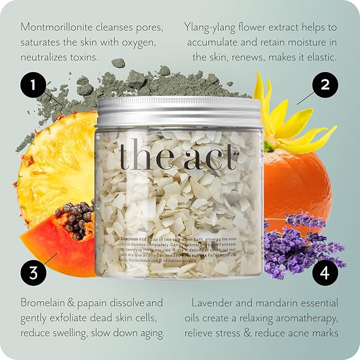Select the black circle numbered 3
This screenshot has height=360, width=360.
tap(33, 273)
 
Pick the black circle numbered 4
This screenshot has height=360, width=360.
tap(326, 273)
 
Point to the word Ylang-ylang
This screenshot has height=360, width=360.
tap(209, 27)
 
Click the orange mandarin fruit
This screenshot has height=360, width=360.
tap(297, 180)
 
